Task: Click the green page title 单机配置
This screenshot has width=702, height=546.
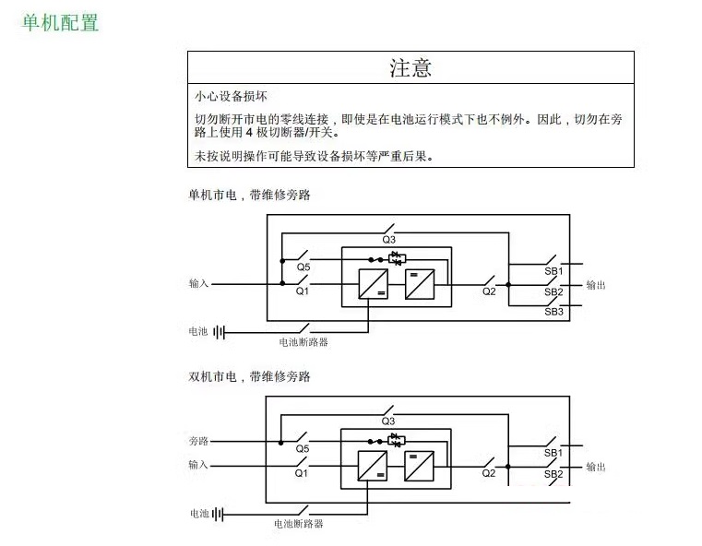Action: tap(60, 23)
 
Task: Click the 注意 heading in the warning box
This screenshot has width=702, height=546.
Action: tap(410, 68)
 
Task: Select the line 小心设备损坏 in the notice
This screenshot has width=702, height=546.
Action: tap(231, 96)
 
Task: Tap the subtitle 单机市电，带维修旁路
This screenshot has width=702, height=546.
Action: tap(249, 195)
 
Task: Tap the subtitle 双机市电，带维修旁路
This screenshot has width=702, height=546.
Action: tap(249, 376)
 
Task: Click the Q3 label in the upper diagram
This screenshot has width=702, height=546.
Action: tap(388, 240)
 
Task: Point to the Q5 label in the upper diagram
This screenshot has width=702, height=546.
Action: tap(303, 267)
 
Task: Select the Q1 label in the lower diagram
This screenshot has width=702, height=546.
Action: tap(302, 473)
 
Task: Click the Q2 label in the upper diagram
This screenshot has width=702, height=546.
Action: tap(489, 291)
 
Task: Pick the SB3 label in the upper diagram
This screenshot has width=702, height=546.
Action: tap(553, 312)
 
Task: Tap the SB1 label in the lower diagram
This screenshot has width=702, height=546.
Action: tap(553, 453)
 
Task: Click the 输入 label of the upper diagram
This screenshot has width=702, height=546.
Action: tap(198, 283)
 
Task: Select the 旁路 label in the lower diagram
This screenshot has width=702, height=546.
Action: tap(198, 441)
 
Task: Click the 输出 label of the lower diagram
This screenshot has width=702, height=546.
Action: tap(596, 467)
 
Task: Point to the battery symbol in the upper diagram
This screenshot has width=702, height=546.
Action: tap(219, 333)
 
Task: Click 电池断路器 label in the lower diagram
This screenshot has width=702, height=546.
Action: tap(299, 524)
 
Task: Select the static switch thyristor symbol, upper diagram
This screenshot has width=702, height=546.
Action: tap(397, 258)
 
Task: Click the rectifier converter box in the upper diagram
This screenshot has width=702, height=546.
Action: tap(374, 284)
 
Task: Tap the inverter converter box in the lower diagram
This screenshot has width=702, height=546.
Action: tap(419, 466)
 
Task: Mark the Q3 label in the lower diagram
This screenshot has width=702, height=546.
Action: tap(388, 421)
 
